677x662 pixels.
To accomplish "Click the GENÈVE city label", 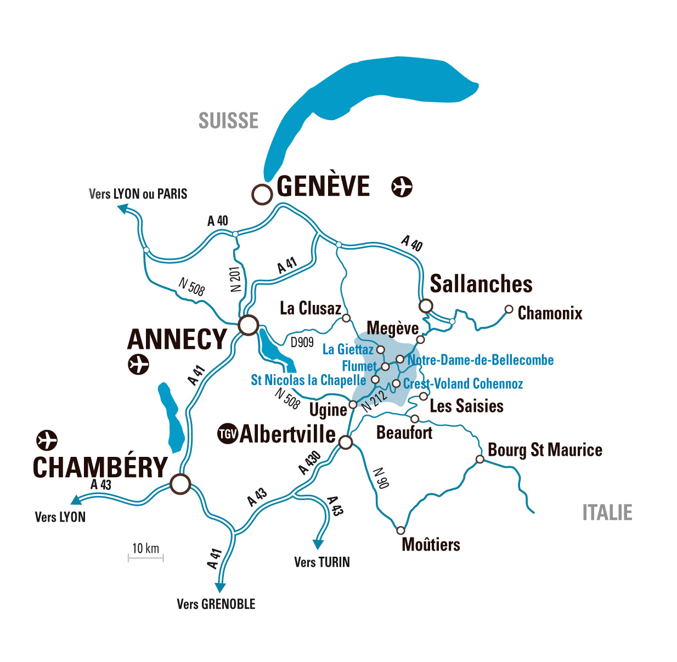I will [x=323, y=186].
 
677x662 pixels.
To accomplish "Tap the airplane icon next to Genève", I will [x=402, y=186].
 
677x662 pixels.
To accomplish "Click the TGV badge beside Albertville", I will [x=227, y=434].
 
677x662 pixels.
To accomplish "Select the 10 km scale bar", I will [x=146, y=558].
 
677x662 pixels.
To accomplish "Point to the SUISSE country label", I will [x=228, y=121].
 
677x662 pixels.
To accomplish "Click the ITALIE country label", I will [x=607, y=513].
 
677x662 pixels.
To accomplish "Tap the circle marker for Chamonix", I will [x=509, y=309].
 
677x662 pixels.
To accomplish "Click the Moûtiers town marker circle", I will [x=400, y=530].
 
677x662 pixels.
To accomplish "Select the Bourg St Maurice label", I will [x=545, y=450].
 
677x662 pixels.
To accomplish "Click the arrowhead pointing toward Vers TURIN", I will [x=318, y=544].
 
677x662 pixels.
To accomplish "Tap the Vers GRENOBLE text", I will [x=216, y=604].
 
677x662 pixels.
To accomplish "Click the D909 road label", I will [x=302, y=343].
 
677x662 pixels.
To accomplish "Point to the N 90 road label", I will [x=381, y=478].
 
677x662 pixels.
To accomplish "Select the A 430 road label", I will [x=309, y=462].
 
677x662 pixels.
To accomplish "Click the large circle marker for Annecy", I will [x=249, y=325].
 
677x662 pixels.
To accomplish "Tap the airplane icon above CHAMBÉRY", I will [x=47, y=440].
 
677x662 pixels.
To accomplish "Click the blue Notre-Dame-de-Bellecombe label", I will [x=481, y=360].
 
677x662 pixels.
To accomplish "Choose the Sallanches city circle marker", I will [x=426, y=305].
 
